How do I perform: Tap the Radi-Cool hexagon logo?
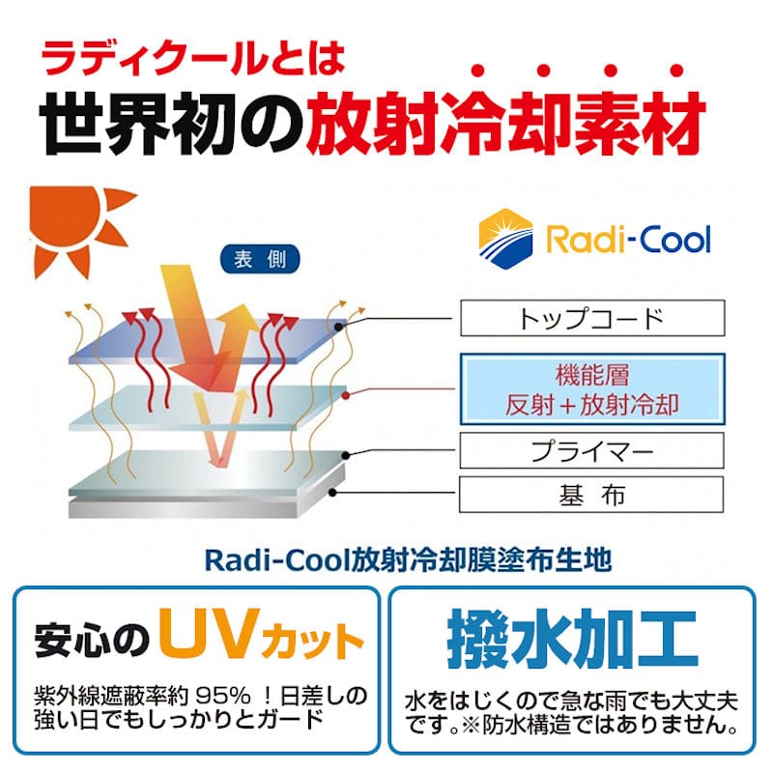(506, 236)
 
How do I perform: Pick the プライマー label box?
(591, 451)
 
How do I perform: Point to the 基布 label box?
(591, 495)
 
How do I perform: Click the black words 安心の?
(92, 640)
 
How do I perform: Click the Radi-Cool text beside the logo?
(628, 238)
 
